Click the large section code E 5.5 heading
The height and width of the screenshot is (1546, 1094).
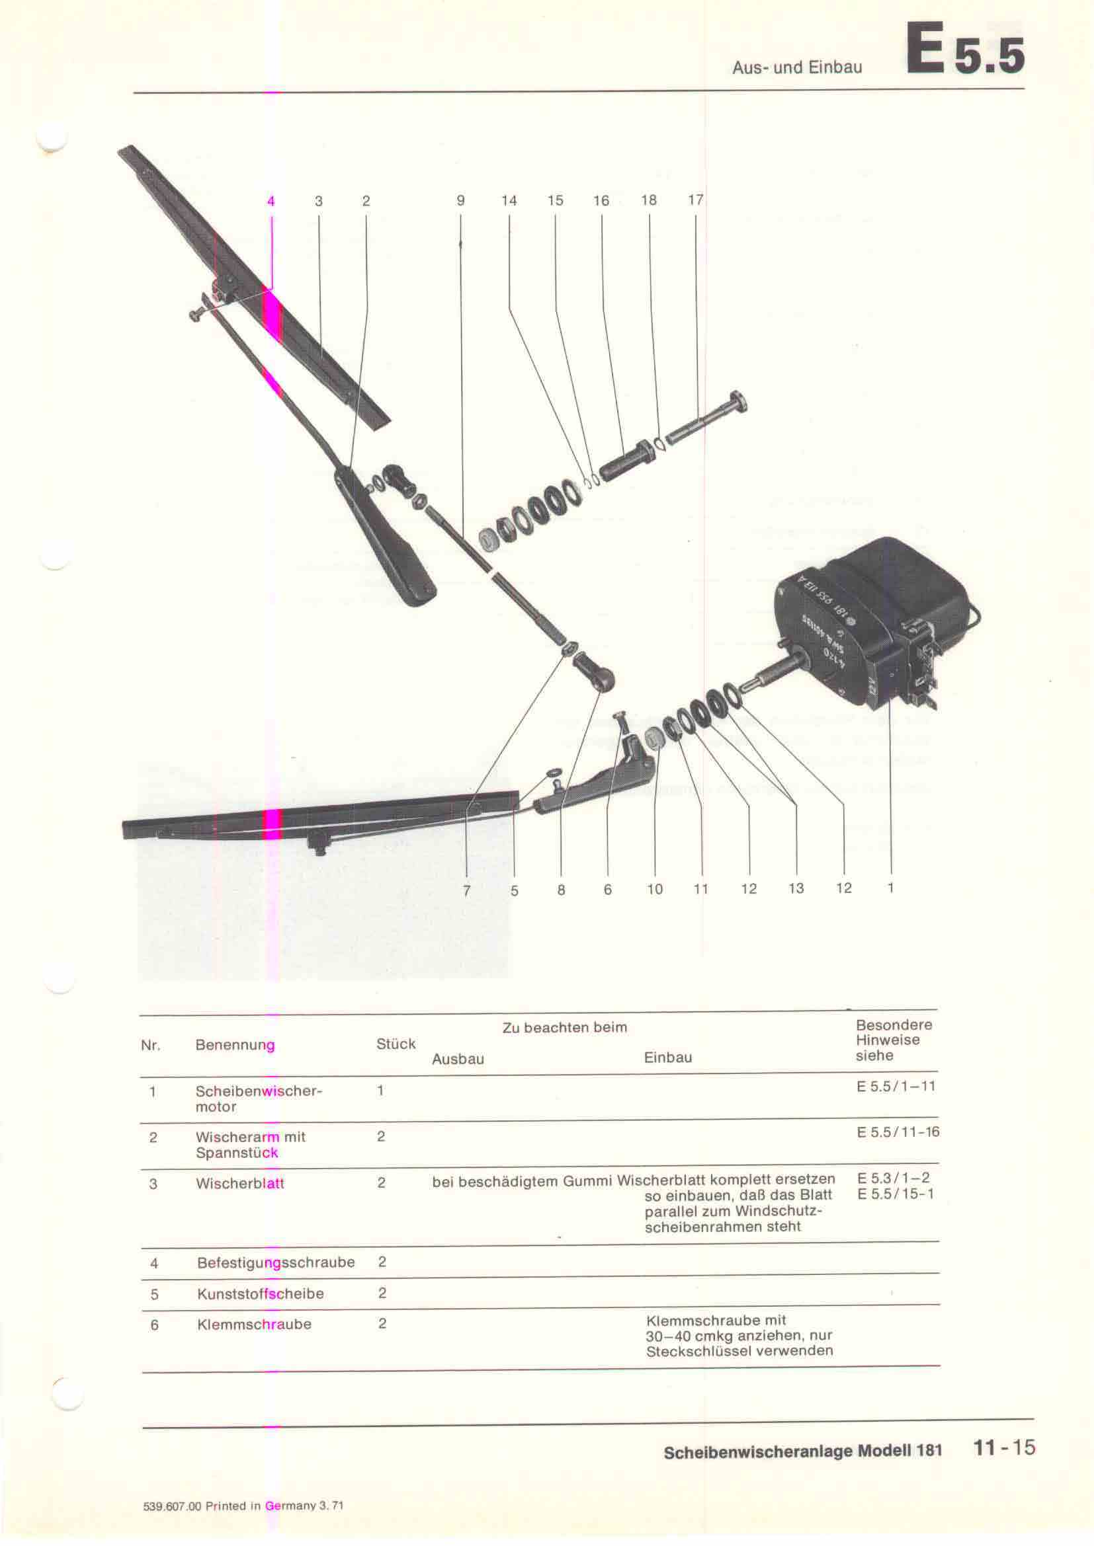[964, 50]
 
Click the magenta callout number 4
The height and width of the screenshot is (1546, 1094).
[271, 201]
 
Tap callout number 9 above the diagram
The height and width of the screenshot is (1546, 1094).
[461, 201]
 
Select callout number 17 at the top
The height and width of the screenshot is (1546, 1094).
[696, 200]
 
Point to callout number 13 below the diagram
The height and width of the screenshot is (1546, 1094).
[796, 888]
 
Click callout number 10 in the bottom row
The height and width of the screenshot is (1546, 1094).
[655, 889]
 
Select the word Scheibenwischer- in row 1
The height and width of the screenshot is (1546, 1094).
[259, 1090]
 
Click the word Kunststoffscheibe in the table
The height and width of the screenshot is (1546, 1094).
[261, 1294]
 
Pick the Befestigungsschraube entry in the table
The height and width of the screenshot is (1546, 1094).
[276, 1262]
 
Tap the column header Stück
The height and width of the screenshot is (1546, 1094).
[396, 1044]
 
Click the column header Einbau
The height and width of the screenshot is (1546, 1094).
[667, 1057]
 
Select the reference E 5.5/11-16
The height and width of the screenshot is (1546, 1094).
[898, 1132]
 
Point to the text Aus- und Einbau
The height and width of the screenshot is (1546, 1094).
[797, 67]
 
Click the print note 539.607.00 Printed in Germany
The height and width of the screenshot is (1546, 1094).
[243, 1506]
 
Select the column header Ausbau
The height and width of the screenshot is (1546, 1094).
[458, 1058]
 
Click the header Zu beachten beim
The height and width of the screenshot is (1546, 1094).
[564, 1028]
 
